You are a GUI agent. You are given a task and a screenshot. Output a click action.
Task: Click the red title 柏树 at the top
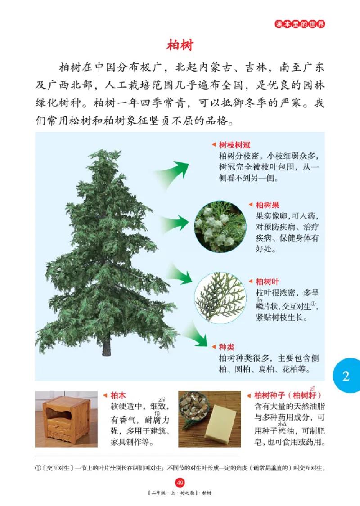pos(180,45)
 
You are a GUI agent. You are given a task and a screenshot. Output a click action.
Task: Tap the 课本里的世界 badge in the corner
pos(300,24)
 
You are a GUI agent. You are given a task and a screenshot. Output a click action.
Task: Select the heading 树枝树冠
pos(234,145)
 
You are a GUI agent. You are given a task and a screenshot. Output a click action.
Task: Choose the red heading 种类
pos(226,347)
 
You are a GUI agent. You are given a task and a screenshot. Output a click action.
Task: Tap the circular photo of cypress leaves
pos(220,297)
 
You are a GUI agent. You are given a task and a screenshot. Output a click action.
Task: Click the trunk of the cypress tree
pos(106,346)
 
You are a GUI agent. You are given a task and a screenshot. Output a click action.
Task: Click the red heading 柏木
pos(118,395)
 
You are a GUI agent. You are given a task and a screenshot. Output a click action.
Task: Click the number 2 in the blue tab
pos(346,376)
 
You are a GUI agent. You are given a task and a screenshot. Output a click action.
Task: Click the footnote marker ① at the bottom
pos(38,468)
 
